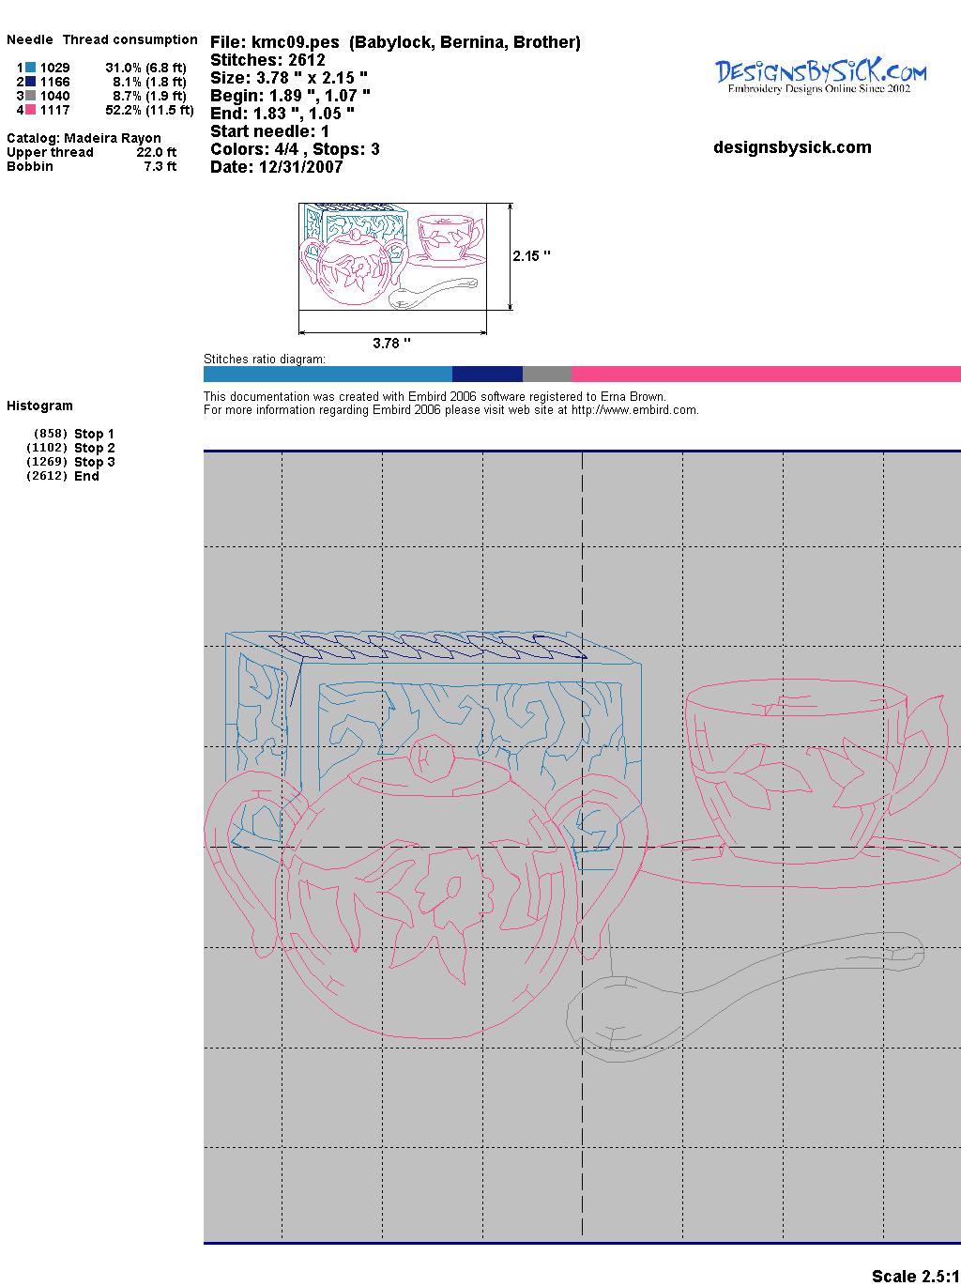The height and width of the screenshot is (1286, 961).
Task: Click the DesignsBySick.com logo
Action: (820, 76)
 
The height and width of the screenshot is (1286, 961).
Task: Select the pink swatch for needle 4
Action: (30, 110)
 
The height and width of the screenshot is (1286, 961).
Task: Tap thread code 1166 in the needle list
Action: (55, 82)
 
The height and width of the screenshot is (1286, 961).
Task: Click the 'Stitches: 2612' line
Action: (267, 60)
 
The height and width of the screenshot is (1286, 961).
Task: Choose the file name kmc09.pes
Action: (296, 42)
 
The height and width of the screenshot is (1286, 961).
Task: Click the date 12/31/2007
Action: (300, 167)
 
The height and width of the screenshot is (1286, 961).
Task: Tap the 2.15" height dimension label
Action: (532, 256)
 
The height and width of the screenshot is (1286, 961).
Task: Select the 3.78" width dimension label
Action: (391, 343)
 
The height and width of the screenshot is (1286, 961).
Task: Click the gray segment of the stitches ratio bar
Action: (546, 374)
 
